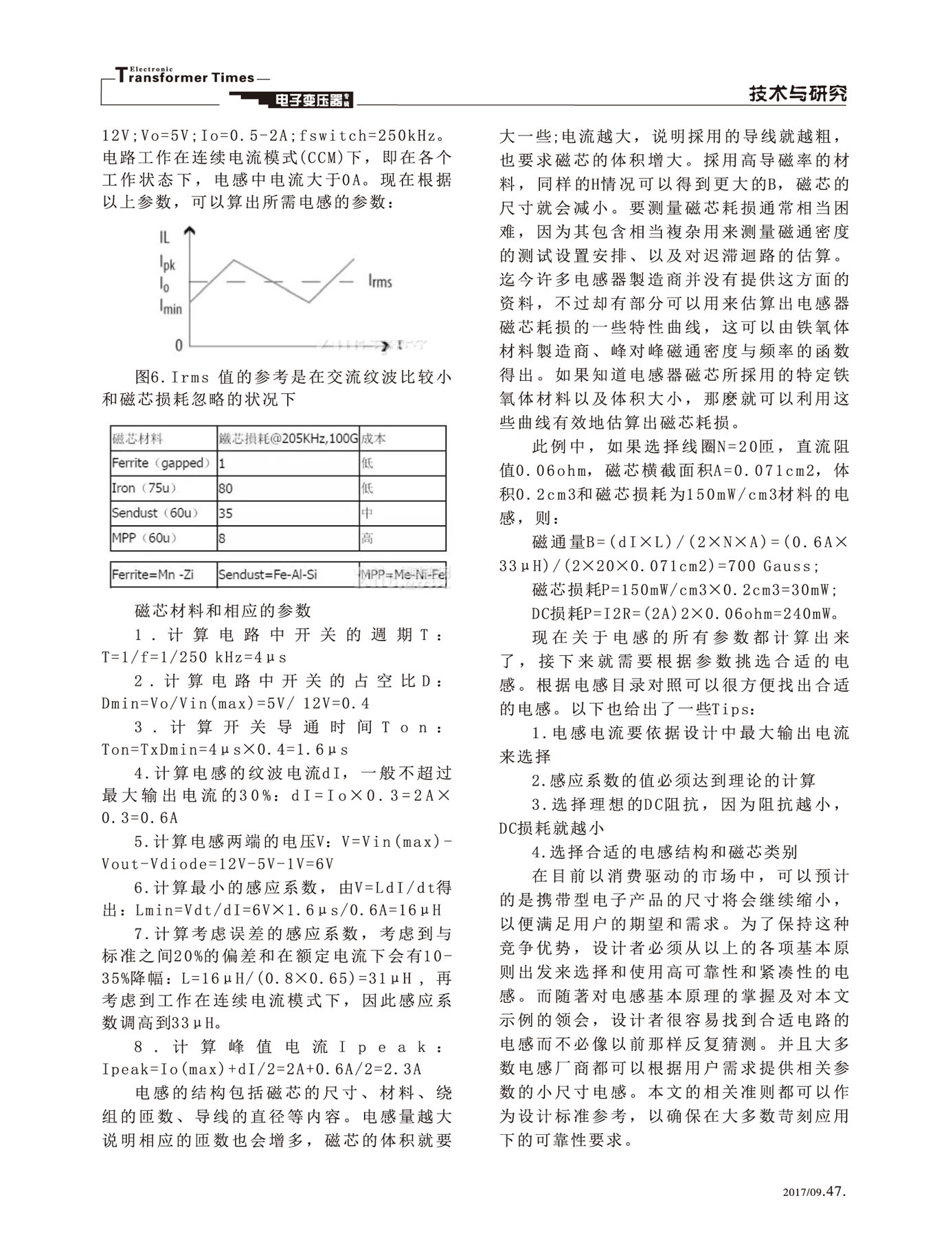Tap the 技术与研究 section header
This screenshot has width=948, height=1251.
(798, 94)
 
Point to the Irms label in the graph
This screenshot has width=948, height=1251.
(380, 280)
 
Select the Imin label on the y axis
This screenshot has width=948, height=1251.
(170, 307)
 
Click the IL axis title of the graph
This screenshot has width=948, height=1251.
(165, 238)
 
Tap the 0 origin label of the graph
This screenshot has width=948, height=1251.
(179, 344)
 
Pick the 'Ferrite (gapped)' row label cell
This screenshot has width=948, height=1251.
(162, 463)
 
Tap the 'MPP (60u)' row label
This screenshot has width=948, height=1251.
(144, 538)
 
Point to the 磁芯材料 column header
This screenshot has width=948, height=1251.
(137, 439)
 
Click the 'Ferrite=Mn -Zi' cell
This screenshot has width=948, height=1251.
(153, 575)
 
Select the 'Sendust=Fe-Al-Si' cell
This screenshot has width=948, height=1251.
(267, 575)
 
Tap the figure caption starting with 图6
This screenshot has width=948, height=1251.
(277, 388)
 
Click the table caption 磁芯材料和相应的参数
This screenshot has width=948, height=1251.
(223, 610)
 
